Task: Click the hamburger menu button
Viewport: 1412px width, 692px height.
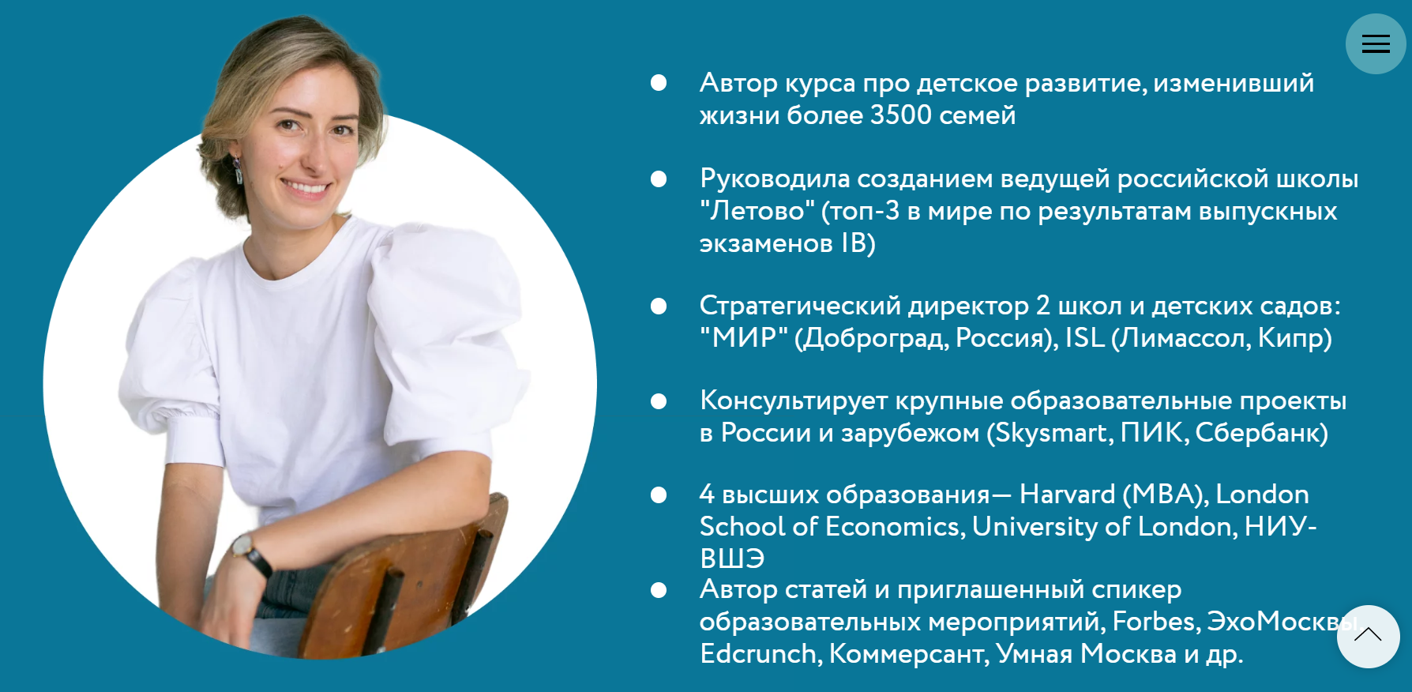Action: pyautogui.click(x=1376, y=44)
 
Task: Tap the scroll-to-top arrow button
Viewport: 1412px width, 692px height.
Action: pyautogui.click(x=1368, y=636)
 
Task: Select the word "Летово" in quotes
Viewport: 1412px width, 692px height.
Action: pyautogui.click(x=757, y=211)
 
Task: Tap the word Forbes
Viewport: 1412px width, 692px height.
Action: pyautogui.click(x=1156, y=622)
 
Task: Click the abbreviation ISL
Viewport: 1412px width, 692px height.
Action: pyautogui.click(x=1084, y=338)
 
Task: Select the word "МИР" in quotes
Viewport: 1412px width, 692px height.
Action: pyautogui.click(x=744, y=338)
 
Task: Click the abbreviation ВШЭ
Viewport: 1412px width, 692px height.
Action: pyautogui.click(x=732, y=558)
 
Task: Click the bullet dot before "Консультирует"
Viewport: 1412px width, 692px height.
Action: pyautogui.click(x=659, y=402)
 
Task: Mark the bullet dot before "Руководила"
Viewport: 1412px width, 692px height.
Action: pyautogui.click(x=659, y=179)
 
